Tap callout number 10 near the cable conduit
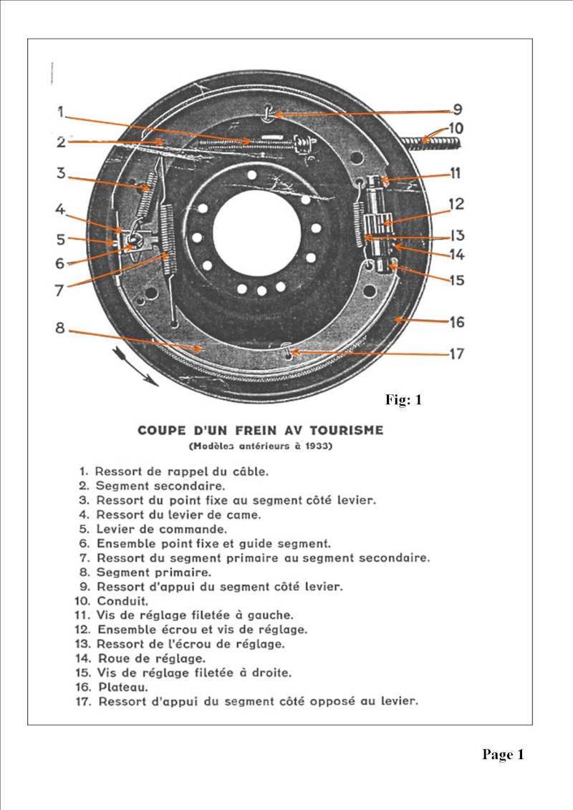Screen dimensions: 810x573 click(456, 128)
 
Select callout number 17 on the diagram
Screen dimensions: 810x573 click(456, 353)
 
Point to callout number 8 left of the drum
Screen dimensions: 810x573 click(59, 328)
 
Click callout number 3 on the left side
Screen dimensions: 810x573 click(61, 172)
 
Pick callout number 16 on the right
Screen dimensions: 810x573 click(456, 322)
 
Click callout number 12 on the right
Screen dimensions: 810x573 click(456, 204)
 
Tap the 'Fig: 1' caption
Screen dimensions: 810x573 click(403, 400)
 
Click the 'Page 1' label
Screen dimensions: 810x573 click(503, 754)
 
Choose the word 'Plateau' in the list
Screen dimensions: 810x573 click(119, 687)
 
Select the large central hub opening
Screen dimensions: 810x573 click(256, 234)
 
